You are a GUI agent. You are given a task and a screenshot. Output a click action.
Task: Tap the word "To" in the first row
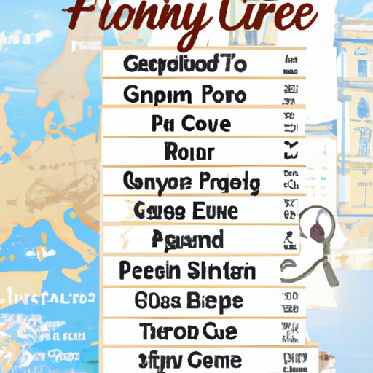232,63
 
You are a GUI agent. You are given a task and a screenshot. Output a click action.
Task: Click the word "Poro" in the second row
219,95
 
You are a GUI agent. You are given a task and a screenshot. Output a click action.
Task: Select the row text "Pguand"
188,240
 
